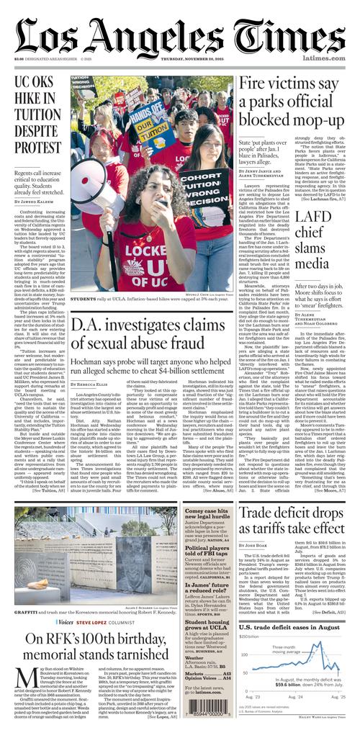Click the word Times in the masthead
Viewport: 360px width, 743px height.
tap(297, 35)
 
